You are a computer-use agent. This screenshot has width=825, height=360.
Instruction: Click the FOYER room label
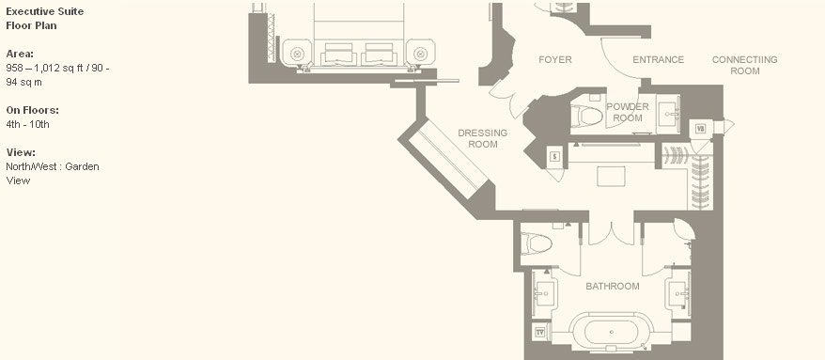pyautogui.click(x=555, y=59)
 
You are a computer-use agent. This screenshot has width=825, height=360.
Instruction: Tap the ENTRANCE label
pyautogui.click(x=658, y=59)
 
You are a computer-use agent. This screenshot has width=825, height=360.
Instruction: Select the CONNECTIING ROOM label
pyautogui.click(x=744, y=65)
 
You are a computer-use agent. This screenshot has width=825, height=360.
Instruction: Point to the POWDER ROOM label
pyautogui.click(x=628, y=112)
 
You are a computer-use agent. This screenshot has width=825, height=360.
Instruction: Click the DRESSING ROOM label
pyautogui.click(x=482, y=138)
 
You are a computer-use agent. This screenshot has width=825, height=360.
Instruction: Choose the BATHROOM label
pyautogui.click(x=613, y=287)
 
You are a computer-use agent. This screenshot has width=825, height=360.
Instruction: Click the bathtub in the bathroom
pyautogui.click(x=612, y=332)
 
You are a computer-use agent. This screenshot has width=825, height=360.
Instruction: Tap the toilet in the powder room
pyautogui.click(x=586, y=116)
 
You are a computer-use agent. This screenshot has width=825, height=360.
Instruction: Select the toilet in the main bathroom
pyautogui.click(x=537, y=244)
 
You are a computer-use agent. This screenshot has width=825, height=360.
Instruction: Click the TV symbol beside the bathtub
pyautogui.click(x=539, y=332)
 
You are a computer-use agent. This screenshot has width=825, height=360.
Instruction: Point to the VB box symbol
pyautogui.click(x=700, y=129)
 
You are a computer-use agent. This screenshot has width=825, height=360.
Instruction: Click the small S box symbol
pyautogui.click(x=555, y=156)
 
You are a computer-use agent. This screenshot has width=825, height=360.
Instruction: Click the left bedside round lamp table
pyautogui.click(x=297, y=54)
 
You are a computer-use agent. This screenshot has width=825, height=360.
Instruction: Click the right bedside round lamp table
pyautogui.click(x=420, y=54)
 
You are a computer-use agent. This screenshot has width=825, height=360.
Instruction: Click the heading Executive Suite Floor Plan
pyautogui.click(x=45, y=19)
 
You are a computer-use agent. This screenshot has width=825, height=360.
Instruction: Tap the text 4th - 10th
pyautogui.click(x=28, y=124)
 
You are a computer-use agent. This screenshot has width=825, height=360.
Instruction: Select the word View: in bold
pyautogui.click(x=21, y=152)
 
